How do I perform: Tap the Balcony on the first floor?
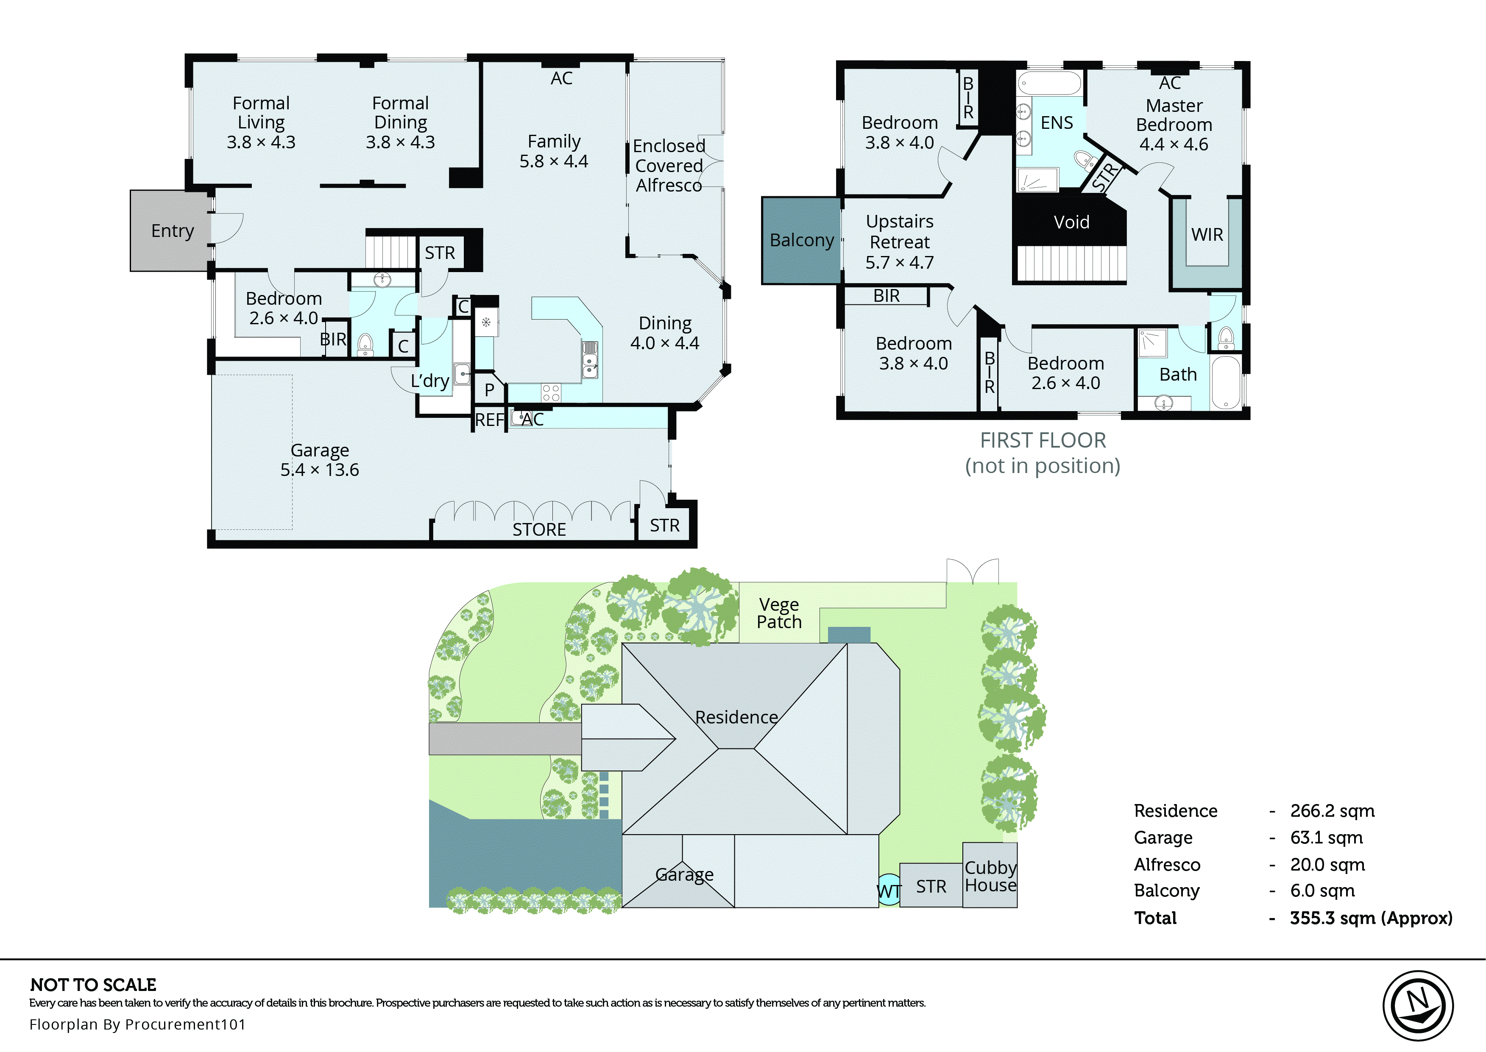pos(801,240)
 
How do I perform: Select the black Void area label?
pos(1071,222)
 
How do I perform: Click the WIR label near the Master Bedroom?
pos(1207,234)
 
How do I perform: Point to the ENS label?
pos(1057,122)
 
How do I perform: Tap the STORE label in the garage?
pos(539,529)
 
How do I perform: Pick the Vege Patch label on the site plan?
pos(779,613)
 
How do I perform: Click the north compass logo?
pos(1417,1006)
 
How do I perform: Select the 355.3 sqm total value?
pos(1371,918)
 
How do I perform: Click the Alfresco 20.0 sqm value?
pos(1327,864)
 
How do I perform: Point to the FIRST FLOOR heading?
pos(1042,440)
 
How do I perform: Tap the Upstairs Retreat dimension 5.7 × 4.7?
pos(899,262)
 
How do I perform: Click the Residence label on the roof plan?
pos(736,717)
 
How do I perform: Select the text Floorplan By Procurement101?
pos(137,1024)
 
